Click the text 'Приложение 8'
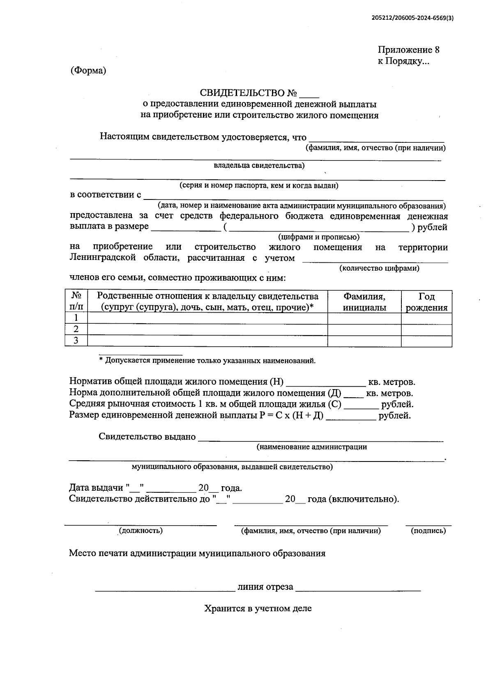(408, 50)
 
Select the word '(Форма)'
(88, 70)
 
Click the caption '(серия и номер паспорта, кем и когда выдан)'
(259, 186)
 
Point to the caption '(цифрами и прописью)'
(319, 237)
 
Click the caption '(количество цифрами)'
(379, 268)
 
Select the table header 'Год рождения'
(426, 302)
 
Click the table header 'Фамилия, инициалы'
(364, 302)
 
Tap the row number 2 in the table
(76, 329)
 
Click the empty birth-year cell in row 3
(426, 341)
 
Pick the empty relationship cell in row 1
(207, 318)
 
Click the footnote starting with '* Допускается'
(207, 361)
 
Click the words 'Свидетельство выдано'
(147, 436)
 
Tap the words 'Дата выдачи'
(96, 488)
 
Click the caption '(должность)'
(141, 531)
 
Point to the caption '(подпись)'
(428, 531)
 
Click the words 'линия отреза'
(265, 587)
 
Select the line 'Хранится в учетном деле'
(258, 608)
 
